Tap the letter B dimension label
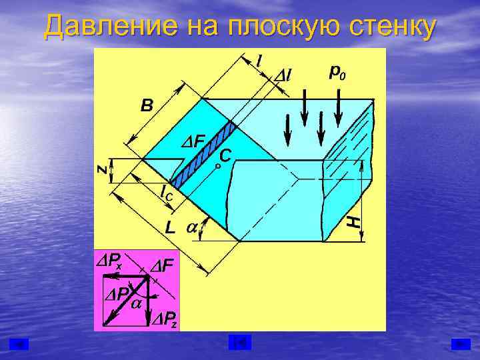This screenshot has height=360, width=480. [x=147, y=105]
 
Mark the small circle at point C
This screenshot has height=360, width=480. [x=218, y=166]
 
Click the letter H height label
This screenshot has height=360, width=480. [x=357, y=220]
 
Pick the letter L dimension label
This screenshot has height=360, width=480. [x=171, y=227]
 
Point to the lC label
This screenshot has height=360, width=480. [x=167, y=194]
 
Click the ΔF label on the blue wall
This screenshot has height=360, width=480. [x=193, y=141]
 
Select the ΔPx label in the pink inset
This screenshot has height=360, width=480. [x=109, y=261]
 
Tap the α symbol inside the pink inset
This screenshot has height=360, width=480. [x=136, y=304]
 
